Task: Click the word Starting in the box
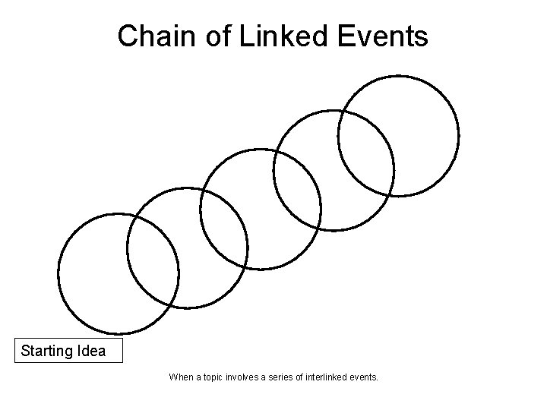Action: point(47,352)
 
